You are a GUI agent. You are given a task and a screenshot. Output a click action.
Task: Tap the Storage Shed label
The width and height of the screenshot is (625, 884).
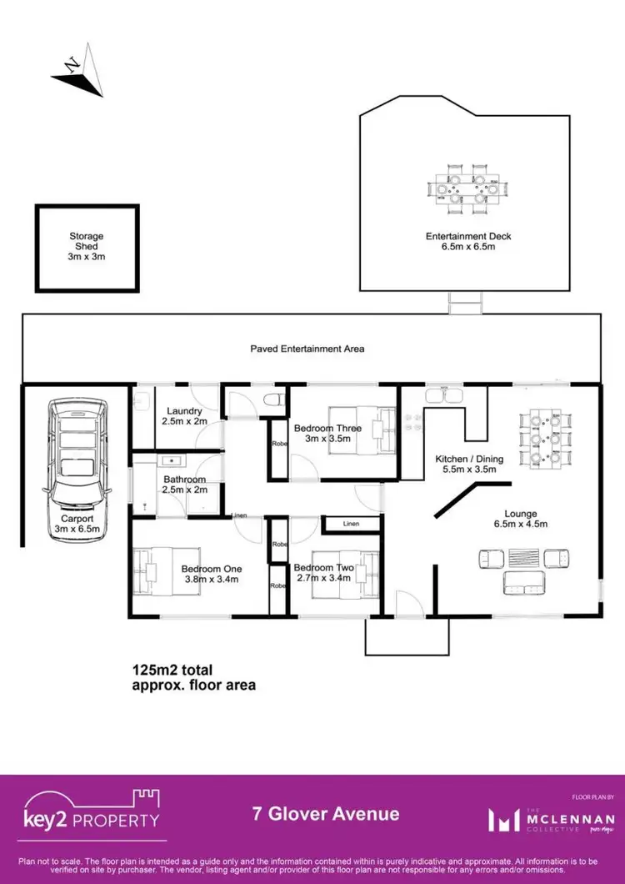pyautogui.click(x=87, y=247)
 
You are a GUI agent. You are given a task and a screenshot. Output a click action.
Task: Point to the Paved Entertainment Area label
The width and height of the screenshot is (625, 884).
pyautogui.click(x=307, y=349)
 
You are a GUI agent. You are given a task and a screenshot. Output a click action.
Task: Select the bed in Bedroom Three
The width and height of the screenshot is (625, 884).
pyautogui.click(x=361, y=429)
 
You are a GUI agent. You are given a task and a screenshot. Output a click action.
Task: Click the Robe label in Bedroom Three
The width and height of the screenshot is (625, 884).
pyautogui.click(x=277, y=444)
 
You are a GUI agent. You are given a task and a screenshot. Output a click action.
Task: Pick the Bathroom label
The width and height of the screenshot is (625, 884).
pyautogui.click(x=179, y=484)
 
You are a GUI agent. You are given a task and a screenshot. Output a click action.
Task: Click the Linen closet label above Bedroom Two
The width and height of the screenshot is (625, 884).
pyautogui.click(x=351, y=524)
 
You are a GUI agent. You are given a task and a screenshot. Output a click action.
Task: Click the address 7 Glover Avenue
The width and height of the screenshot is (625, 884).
pyautogui.click(x=326, y=814)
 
